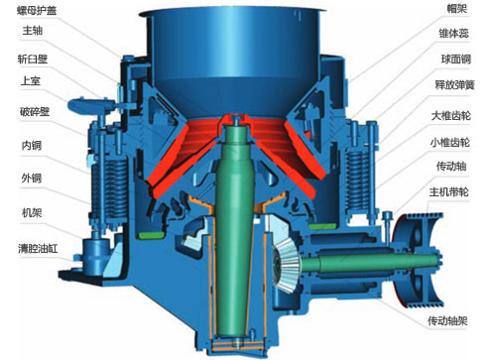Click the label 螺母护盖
[x=37, y=11]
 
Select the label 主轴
[x=33, y=31]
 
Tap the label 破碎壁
[x=35, y=112]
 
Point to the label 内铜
[x=32, y=146]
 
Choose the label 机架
[x=32, y=212]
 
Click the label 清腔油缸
[x=38, y=248]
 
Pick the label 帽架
[x=457, y=9]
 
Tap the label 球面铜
[x=455, y=60]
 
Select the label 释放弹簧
[x=454, y=85]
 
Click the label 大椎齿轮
[x=451, y=116]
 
